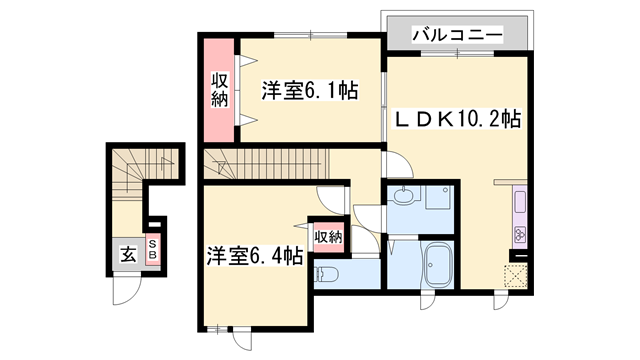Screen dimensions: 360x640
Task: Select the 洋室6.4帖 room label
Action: (x=256, y=256)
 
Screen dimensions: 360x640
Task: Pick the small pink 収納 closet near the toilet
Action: (x=328, y=236)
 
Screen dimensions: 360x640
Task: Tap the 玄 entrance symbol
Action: (x=129, y=254)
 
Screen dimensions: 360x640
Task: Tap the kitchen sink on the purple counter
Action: (x=520, y=203)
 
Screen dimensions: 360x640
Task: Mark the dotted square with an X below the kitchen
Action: (x=516, y=274)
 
